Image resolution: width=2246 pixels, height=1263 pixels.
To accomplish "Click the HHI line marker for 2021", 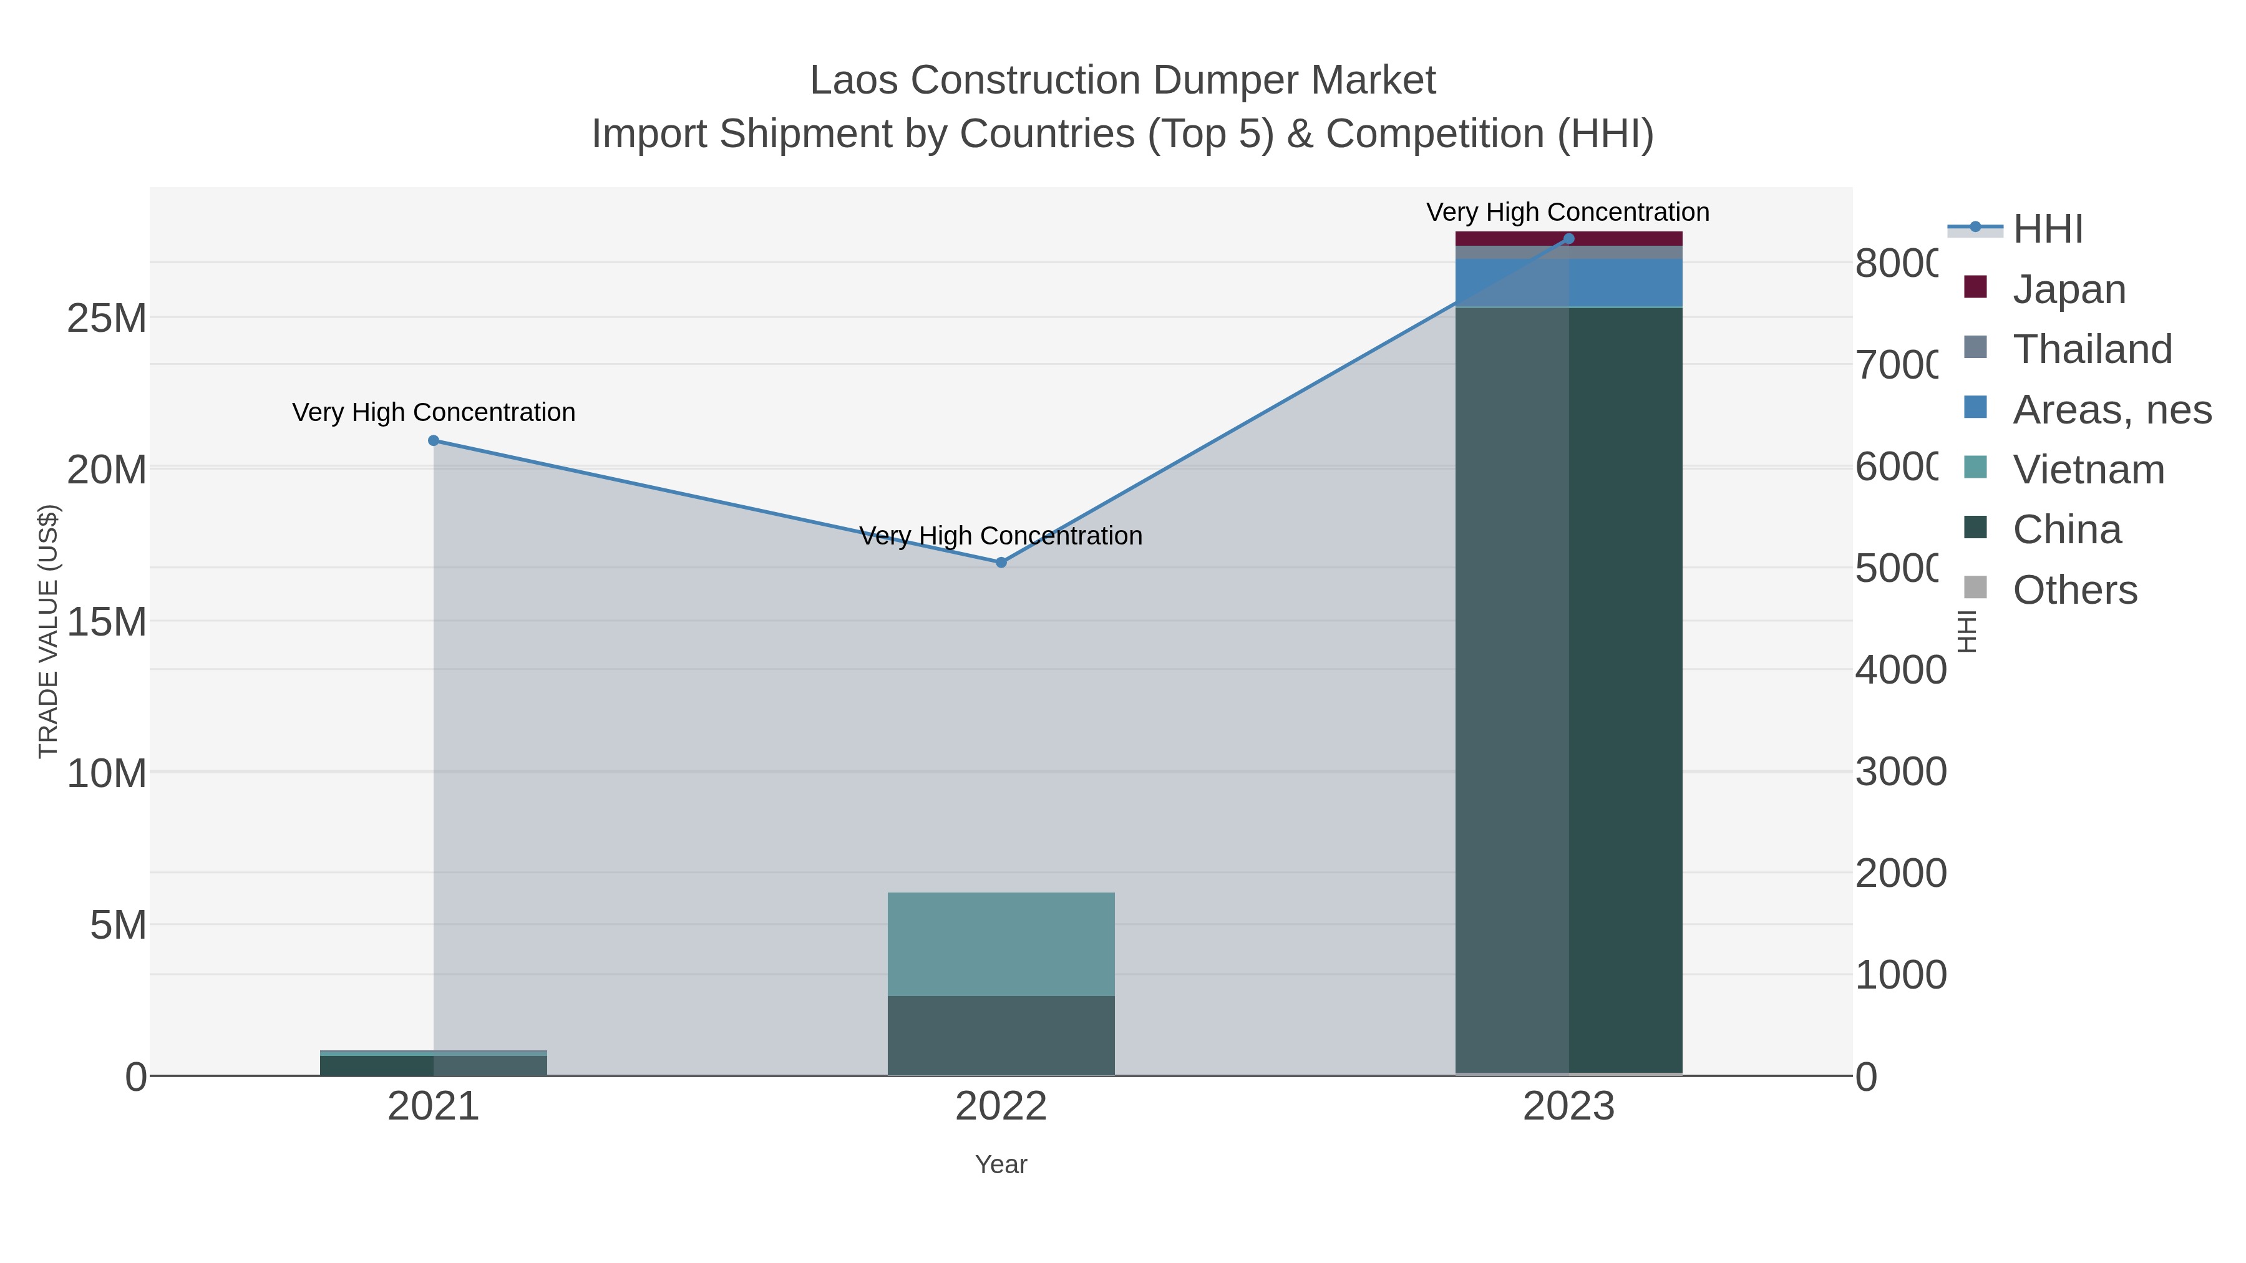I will (x=434, y=441).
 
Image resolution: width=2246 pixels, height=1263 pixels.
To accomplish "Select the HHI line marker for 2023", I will (x=1568, y=239).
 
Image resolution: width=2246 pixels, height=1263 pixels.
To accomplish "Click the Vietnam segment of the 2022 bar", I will (x=1001, y=944).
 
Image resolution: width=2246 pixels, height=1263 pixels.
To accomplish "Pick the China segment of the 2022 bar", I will (x=1001, y=1035).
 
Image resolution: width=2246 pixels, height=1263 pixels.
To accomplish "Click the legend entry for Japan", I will (x=2068, y=289).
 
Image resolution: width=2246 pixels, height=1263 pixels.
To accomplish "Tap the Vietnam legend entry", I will (x=2088, y=470).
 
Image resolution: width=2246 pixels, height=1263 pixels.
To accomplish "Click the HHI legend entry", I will (x=2047, y=230).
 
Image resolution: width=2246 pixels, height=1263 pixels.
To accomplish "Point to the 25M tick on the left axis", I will (x=106, y=319).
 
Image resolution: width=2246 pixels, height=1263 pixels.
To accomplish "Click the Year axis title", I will (x=1001, y=1164).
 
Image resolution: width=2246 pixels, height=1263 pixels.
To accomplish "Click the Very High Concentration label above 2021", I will (x=434, y=412).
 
